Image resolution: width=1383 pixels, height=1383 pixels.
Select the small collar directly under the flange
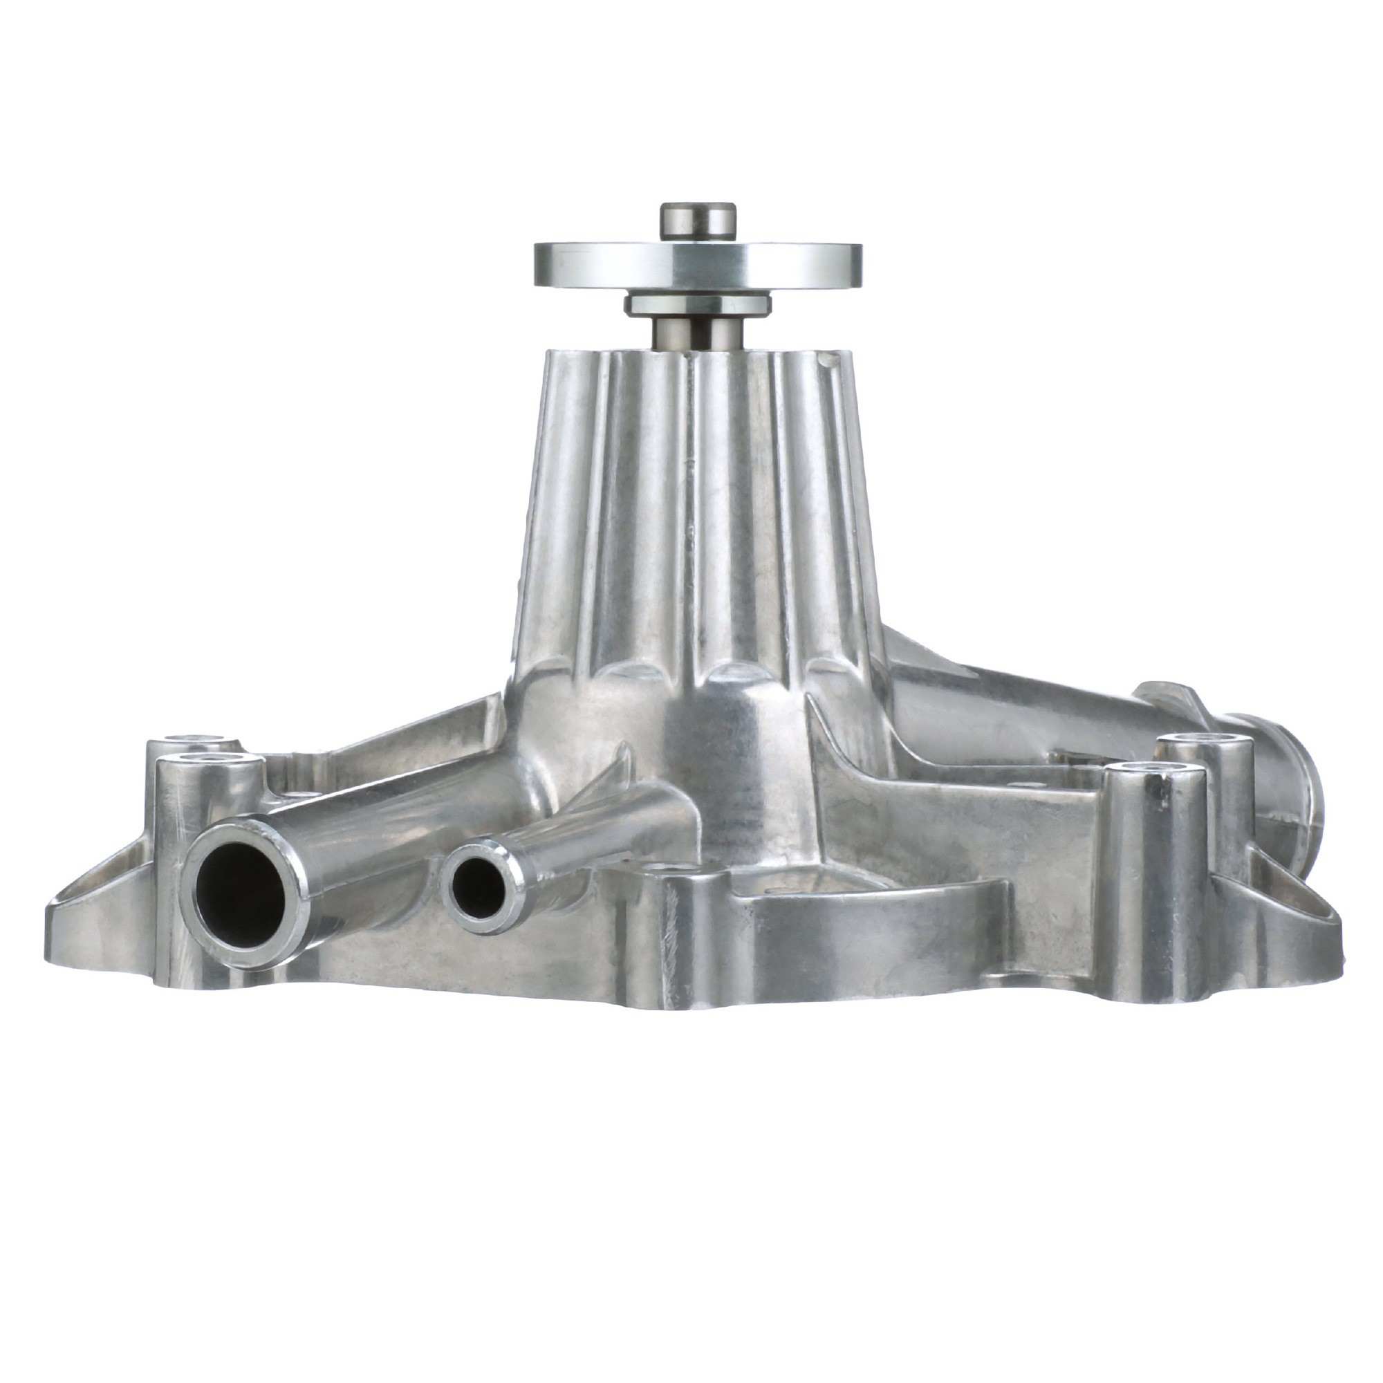click(x=697, y=305)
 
